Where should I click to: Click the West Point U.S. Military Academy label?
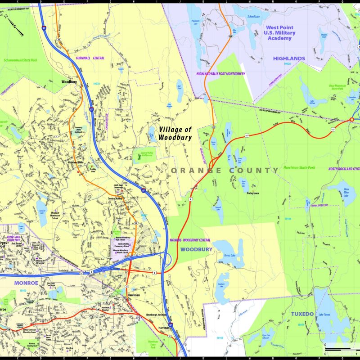coord(285,33)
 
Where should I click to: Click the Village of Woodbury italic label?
coord(175,132)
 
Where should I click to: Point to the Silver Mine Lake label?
coord(346,193)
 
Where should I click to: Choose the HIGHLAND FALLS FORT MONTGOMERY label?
coord(220,73)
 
